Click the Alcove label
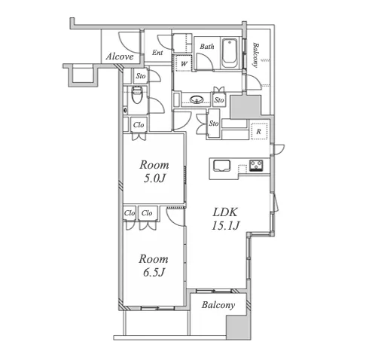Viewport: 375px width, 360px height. pos(120,56)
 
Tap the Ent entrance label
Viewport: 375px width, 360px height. pos(157,53)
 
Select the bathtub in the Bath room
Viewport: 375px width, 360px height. pos(230,53)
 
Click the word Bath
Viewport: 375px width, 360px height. pos(207,47)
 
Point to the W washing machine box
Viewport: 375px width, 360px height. pos(184,63)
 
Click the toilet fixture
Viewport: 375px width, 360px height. pos(137,95)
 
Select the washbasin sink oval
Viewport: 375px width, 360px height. pos(197,99)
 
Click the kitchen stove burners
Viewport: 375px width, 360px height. pos(256,166)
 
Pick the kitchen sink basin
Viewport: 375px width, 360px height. pos(221,166)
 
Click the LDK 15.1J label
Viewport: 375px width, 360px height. pos(225,219)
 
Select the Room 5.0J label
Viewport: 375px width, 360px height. pos(154,172)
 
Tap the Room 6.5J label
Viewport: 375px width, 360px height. pos(154,265)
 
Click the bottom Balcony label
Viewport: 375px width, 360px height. pos(218,305)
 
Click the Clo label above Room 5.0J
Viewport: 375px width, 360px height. pos(139,125)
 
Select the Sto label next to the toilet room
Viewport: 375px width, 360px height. pos(141,76)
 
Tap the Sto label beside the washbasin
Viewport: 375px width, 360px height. pos(219,100)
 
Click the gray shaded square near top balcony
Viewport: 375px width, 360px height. pos(245,106)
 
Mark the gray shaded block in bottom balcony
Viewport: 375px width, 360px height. pos(239,327)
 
